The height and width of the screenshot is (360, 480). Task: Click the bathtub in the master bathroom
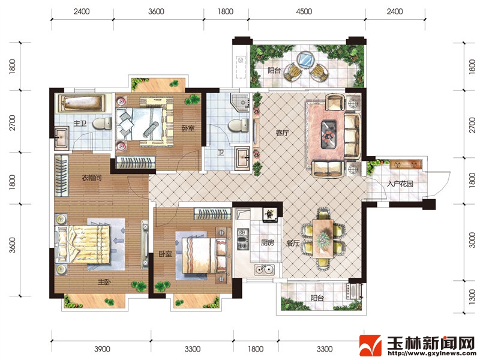point(82,103)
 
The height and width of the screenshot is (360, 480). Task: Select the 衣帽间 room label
point(92,178)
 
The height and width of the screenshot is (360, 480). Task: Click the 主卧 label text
point(104,281)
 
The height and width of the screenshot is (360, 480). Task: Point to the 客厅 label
point(282,133)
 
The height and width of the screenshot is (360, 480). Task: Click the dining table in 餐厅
point(323,237)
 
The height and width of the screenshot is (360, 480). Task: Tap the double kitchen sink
point(264,269)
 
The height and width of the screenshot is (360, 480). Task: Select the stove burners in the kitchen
point(243,239)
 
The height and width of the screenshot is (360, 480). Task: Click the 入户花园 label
point(400,184)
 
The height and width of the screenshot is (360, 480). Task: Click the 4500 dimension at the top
point(304,11)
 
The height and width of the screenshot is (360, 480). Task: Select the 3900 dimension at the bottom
point(102,349)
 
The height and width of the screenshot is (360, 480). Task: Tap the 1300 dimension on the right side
point(472,297)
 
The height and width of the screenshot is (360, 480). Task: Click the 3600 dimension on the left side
point(12,245)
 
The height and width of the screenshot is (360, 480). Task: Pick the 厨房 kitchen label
point(267,243)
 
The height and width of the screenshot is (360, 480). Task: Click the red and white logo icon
point(370,346)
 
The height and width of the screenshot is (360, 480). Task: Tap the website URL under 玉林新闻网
point(431,353)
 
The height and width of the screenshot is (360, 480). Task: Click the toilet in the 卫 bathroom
point(238,125)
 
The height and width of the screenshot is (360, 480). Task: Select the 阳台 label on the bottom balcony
point(317,298)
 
